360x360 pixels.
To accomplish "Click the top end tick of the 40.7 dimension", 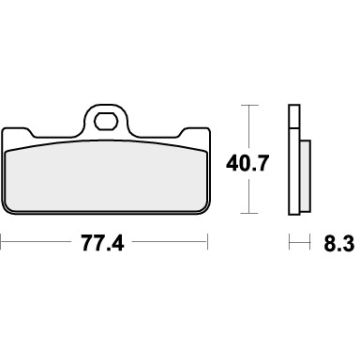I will pos(249,104).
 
